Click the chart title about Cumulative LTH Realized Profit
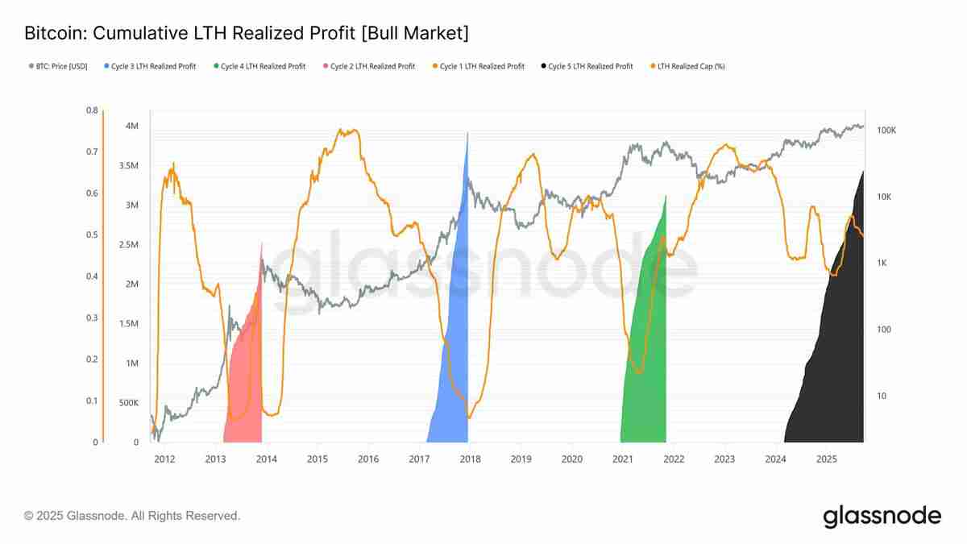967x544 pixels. click(x=247, y=34)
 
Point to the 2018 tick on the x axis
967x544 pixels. click(x=470, y=459)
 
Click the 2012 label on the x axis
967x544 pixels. click(x=164, y=459)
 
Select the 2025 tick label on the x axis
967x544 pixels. click(x=826, y=459)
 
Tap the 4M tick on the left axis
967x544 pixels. click(x=131, y=127)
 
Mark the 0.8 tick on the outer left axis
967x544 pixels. click(x=92, y=110)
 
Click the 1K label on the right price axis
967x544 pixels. click(x=883, y=264)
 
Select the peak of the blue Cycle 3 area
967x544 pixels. click(x=467, y=133)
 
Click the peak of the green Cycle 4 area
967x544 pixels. click(x=666, y=196)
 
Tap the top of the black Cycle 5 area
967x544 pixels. click(x=863, y=172)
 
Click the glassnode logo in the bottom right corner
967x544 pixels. click(x=882, y=516)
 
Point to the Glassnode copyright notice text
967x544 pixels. click(x=132, y=516)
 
